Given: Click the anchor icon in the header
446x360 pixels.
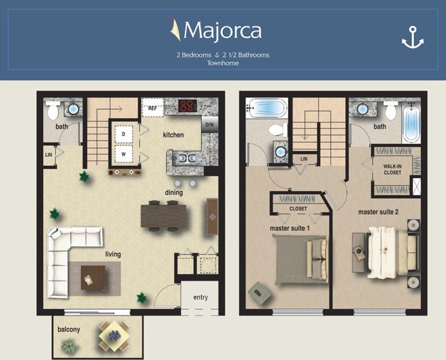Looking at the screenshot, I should pyautogui.click(x=412, y=38).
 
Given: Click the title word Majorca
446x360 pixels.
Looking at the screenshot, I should pyautogui.click(x=222, y=30).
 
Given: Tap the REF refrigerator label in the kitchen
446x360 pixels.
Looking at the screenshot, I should pyautogui.click(x=152, y=108).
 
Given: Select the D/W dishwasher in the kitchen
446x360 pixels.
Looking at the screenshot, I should pyautogui.click(x=209, y=123).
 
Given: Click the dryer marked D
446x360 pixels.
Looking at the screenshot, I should pyautogui.click(x=123, y=134).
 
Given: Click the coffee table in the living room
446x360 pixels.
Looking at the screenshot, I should pyautogui.click(x=92, y=277).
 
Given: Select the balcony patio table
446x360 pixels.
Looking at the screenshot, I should pyautogui.click(x=114, y=335).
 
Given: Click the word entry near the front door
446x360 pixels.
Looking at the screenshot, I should pyautogui.click(x=200, y=297).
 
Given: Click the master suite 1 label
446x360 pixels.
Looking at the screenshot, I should pyautogui.click(x=289, y=228).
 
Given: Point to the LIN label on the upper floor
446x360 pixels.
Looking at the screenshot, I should pyautogui.click(x=304, y=158).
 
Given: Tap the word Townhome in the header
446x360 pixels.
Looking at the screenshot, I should pyautogui.click(x=222, y=63).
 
